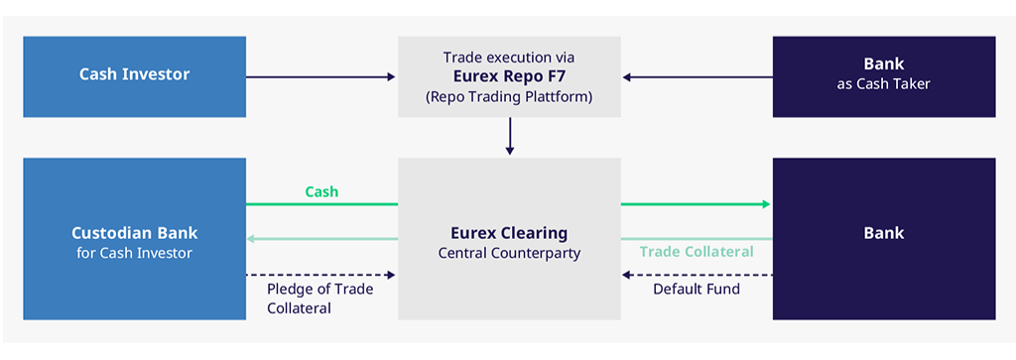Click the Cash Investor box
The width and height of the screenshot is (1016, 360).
pyautogui.click(x=134, y=76)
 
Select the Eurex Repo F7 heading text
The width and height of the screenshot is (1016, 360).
pyautogui.click(x=509, y=77)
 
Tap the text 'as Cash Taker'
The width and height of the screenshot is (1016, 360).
pyautogui.click(x=884, y=84)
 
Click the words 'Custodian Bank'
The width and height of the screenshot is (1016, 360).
pyautogui.click(x=134, y=232)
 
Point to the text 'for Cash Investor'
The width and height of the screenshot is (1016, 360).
pyautogui.click(x=134, y=253)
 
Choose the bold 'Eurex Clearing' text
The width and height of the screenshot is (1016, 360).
pyautogui.click(x=509, y=233)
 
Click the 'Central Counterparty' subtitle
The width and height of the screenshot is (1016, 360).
pyautogui.click(x=509, y=253)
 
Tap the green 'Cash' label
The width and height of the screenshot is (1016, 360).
pyautogui.click(x=322, y=191)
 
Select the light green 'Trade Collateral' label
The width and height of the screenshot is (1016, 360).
pyautogui.click(x=697, y=252)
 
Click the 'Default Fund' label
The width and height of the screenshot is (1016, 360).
pyautogui.click(x=697, y=289)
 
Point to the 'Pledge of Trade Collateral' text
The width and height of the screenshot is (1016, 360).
pyautogui.click(x=320, y=299)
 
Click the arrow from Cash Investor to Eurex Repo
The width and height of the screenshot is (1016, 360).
pyautogui.click(x=320, y=77)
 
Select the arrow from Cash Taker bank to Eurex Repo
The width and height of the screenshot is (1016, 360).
pyautogui.click(x=698, y=77)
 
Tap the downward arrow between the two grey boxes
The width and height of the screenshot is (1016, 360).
pyautogui.click(x=510, y=136)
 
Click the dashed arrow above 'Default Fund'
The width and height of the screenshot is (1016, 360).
pyautogui.click(x=698, y=275)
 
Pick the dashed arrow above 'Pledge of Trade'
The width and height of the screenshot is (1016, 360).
pyautogui.click(x=320, y=275)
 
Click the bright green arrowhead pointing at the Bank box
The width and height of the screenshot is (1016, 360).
pyautogui.click(x=767, y=204)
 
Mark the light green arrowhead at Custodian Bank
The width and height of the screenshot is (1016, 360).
pyautogui.click(x=251, y=239)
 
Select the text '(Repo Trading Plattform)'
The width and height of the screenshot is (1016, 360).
pyautogui.click(x=509, y=97)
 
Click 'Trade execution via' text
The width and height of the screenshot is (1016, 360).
pyautogui.click(x=509, y=57)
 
